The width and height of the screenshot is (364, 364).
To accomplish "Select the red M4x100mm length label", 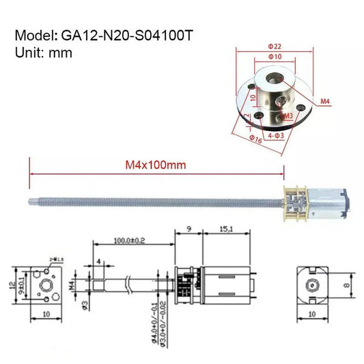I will [156, 165].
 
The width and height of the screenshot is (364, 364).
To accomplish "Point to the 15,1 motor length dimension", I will [227, 230].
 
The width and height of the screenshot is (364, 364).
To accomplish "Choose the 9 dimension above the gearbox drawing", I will [188, 230].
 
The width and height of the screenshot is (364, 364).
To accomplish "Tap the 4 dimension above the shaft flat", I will [99, 261].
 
